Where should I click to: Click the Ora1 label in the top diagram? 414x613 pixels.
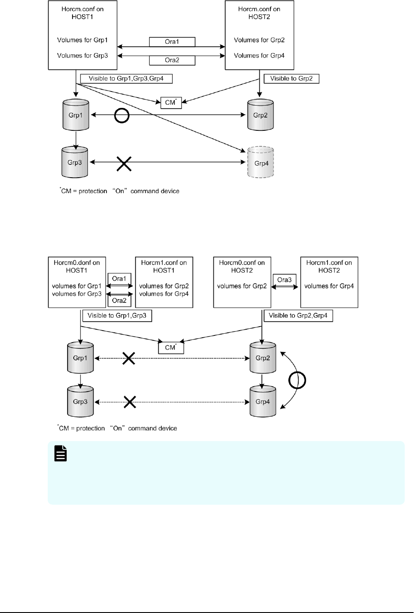pos(172,42)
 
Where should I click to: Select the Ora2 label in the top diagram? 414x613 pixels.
pos(172,60)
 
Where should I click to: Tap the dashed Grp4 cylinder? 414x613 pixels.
pos(261,163)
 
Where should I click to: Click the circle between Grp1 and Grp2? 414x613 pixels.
pos(122,115)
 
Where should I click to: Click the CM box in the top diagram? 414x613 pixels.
pos(171,103)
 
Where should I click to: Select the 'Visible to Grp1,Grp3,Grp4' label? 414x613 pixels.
pos(126,79)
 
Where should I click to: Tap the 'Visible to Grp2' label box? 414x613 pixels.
pos(291,79)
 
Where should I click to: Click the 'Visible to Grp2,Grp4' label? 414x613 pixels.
pos(298,316)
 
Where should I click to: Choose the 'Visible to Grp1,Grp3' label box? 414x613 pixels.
pos(117,316)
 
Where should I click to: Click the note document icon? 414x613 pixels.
pos(61,454)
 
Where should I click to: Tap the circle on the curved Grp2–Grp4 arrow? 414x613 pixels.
pos(297,380)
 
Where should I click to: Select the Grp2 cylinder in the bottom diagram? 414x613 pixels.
pos(263,358)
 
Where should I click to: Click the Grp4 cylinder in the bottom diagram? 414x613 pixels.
pos(263,402)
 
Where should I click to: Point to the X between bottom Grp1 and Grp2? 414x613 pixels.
pos(128,358)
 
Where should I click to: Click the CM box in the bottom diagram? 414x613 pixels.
pos(171,348)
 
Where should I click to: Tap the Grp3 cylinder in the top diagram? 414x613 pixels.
pos(75,162)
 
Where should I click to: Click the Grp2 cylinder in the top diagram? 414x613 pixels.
pos(260,115)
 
